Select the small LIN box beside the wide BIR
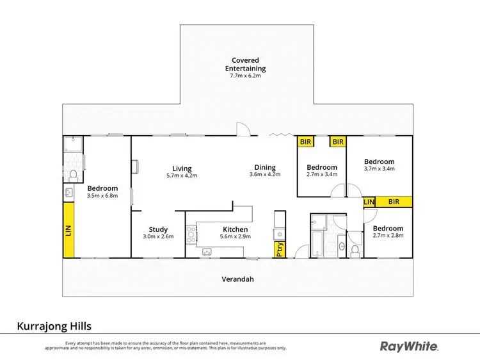[x=369, y=202]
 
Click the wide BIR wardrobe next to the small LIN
[x=394, y=202]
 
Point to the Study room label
[x=158, y=229]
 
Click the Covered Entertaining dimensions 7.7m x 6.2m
[x=246, y=76]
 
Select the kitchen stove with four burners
[x=191, y=235]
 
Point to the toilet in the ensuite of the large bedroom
[x=74, y=175]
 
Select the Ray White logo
[x=410, y=347]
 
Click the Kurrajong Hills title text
[x=58, y=326]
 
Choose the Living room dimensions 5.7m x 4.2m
[x=182, y=175]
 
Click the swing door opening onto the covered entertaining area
[x=243, y=130]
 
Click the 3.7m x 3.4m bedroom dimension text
[x=379, y=169]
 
